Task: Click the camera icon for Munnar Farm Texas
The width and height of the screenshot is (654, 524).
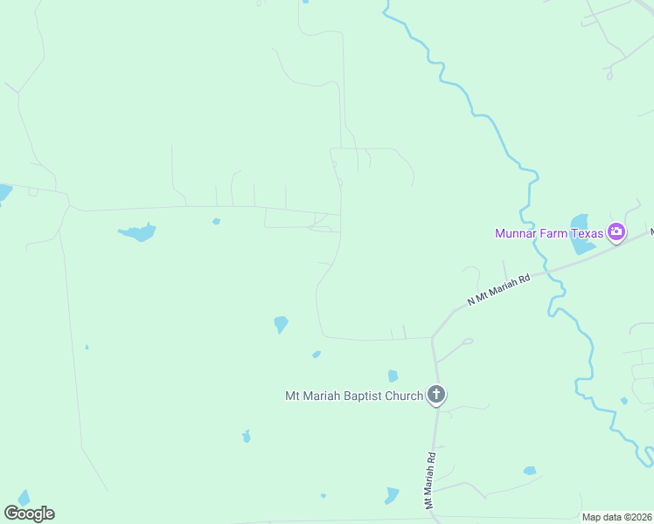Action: point(616,232)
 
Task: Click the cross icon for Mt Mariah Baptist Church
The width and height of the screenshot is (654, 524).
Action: point(436,396)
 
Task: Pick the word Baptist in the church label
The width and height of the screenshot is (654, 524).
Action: point(354,396)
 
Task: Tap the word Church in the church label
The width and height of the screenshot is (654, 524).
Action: point(400,396)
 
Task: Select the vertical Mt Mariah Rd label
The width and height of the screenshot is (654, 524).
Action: point(430,480)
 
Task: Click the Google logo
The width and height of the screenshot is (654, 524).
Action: point(29,514)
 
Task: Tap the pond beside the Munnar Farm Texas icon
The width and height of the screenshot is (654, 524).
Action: point(579,233)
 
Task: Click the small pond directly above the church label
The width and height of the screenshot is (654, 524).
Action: point(393,376)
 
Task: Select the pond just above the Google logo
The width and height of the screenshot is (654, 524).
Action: point(24,498)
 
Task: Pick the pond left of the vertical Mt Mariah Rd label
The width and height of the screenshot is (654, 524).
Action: point(391,495)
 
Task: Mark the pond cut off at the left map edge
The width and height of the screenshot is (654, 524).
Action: point(4,192)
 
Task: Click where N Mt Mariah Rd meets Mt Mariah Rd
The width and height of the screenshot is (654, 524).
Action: point(432,337)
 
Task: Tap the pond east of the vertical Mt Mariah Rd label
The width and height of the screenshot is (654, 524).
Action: point(530,471)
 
